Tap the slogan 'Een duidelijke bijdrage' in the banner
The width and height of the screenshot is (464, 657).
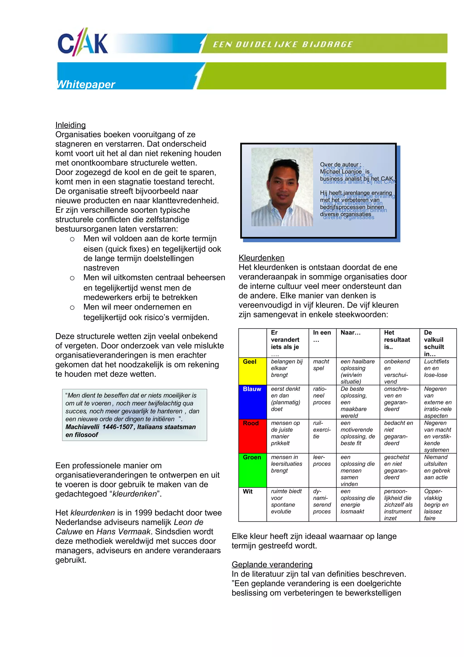[283, 44]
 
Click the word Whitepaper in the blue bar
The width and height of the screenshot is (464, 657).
[86, 84]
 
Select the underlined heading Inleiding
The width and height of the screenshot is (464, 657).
[70, 125]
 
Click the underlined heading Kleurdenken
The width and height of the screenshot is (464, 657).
[261, 258]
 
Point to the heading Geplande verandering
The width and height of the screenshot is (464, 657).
[272, 564]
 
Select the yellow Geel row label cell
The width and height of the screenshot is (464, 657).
[252, 371]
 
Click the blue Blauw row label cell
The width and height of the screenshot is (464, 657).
[252, 402]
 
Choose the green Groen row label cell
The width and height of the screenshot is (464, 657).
[252, 470]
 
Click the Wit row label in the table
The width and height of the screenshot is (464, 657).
[248, 492]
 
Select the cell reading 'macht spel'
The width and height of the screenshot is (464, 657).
[321, 365]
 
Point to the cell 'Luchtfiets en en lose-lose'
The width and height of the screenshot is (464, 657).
[436, 368]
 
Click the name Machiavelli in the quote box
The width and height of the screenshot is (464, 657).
[82, 427]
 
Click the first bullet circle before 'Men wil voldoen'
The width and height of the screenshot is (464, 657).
[72, 239]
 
